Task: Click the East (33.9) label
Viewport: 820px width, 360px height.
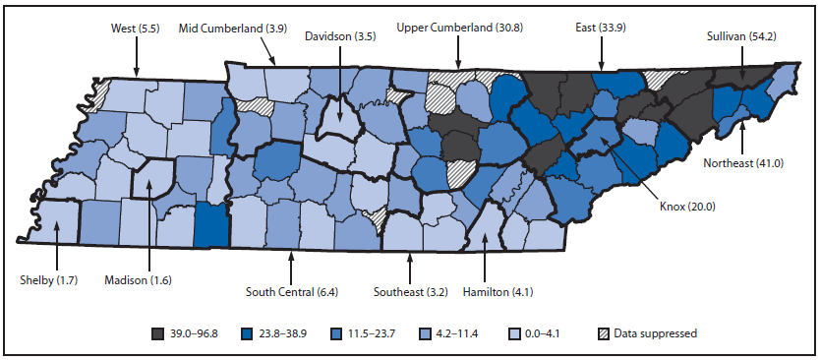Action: [600, 30]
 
